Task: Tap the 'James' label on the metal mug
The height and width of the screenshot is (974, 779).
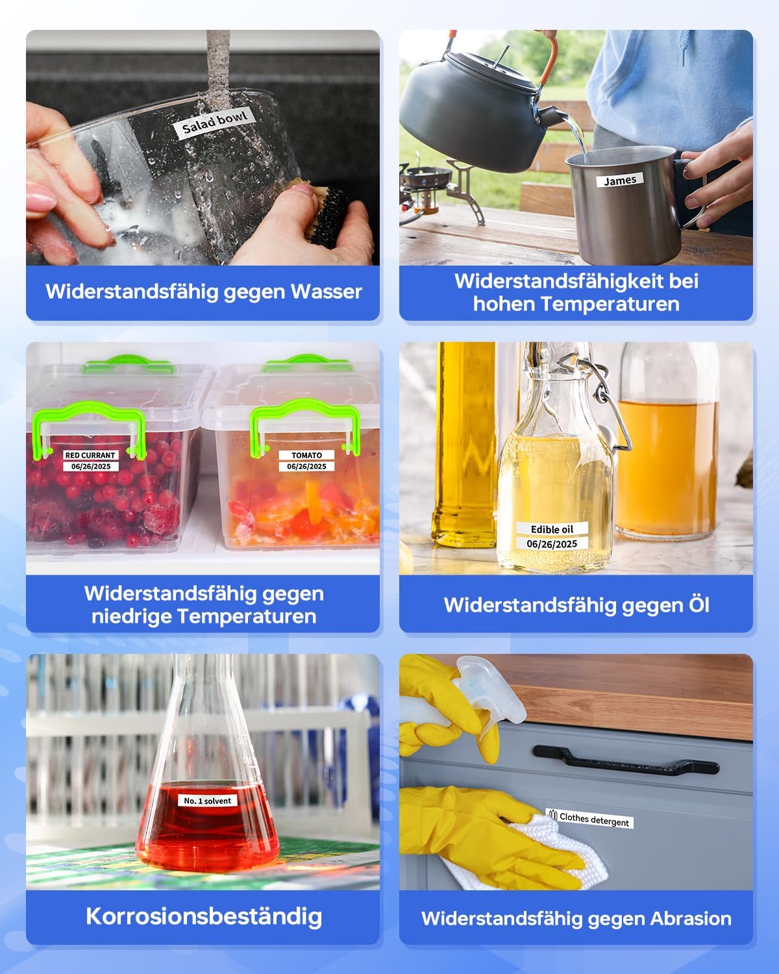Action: click(620, 180)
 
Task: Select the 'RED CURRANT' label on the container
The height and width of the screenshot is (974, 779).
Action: click(90, 455)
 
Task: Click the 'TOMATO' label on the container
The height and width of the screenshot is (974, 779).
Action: click(306, 455)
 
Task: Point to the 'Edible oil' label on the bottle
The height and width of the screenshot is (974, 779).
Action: click(552, 529)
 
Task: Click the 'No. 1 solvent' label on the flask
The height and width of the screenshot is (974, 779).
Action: click(207, 801)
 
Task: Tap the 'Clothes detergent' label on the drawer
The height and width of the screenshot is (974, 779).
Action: click(589, 819)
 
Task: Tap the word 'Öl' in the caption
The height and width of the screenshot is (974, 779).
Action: click(699, 605)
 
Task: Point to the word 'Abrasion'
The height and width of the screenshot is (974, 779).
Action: click(691, 919)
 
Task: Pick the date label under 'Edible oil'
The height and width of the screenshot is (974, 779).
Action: click(552, 543)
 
